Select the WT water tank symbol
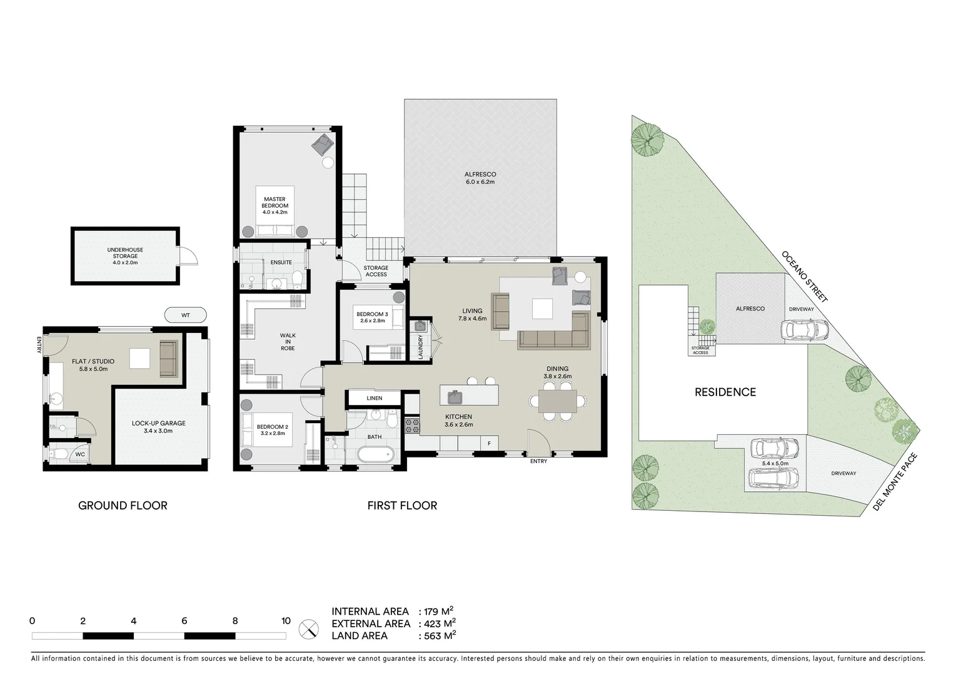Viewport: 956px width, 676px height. [185, 315]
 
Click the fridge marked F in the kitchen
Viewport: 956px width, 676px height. [489, 444]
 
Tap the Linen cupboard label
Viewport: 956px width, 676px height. [374, 398]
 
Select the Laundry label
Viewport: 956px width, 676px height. [420, 347]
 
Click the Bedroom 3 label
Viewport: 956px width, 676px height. [372, 317]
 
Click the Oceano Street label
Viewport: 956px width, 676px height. [805, 277]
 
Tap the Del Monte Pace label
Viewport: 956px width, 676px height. [895, 481]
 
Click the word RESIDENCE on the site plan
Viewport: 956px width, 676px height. [725, 392]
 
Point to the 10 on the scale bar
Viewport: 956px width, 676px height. [286, 622]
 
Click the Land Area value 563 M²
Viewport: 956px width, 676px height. [438, 636]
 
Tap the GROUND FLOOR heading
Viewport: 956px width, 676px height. [123, 506]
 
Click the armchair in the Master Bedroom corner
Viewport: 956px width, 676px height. [323, 145]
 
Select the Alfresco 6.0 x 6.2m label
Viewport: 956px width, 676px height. [480, 178]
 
